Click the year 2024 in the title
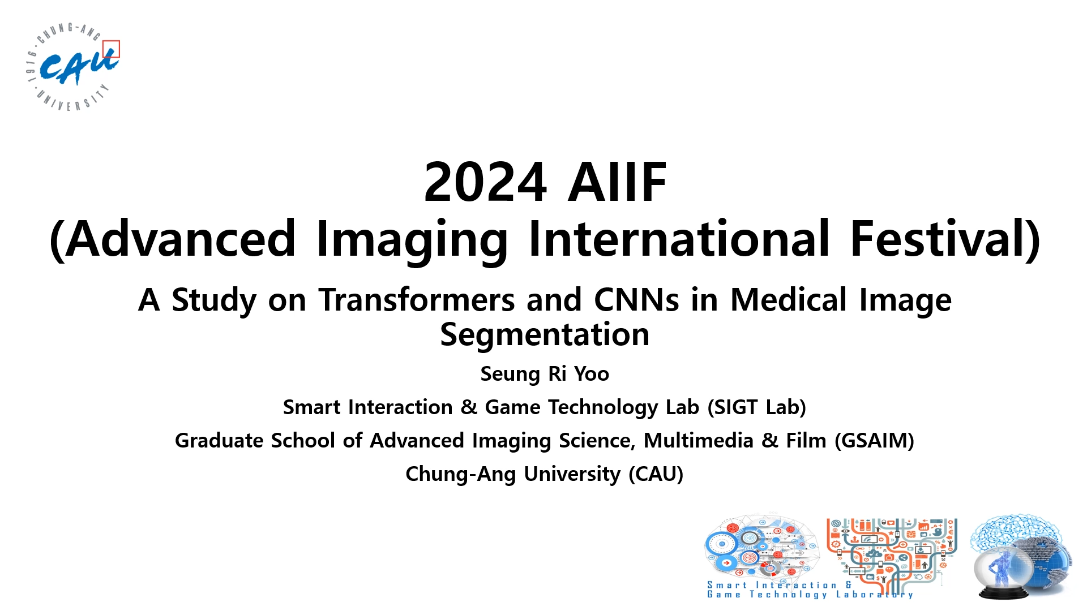pos(485,182)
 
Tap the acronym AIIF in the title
pos(617,182)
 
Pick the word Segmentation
pos(545,335)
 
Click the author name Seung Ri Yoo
pos(545,374)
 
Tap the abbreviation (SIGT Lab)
pos(757,407)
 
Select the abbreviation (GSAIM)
pos(875,441)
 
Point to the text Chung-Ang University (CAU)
pos(545,474)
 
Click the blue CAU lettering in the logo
pos(78,67)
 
